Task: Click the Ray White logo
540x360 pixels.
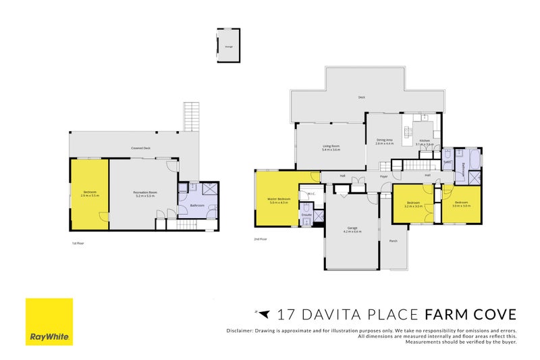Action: point(49,322)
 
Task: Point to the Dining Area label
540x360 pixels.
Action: point(385,141)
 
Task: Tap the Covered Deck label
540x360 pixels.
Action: point(140,147)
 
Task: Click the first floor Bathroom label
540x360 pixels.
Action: point(197,205)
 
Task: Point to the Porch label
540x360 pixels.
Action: point(394,240)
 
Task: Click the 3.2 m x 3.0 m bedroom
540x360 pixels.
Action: point(413,204)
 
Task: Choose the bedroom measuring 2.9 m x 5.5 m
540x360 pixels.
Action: point(90,194)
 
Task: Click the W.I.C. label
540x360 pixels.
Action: point(311,194)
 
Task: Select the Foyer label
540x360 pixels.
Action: point(383,176)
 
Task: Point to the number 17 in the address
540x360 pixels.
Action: point(284,314)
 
